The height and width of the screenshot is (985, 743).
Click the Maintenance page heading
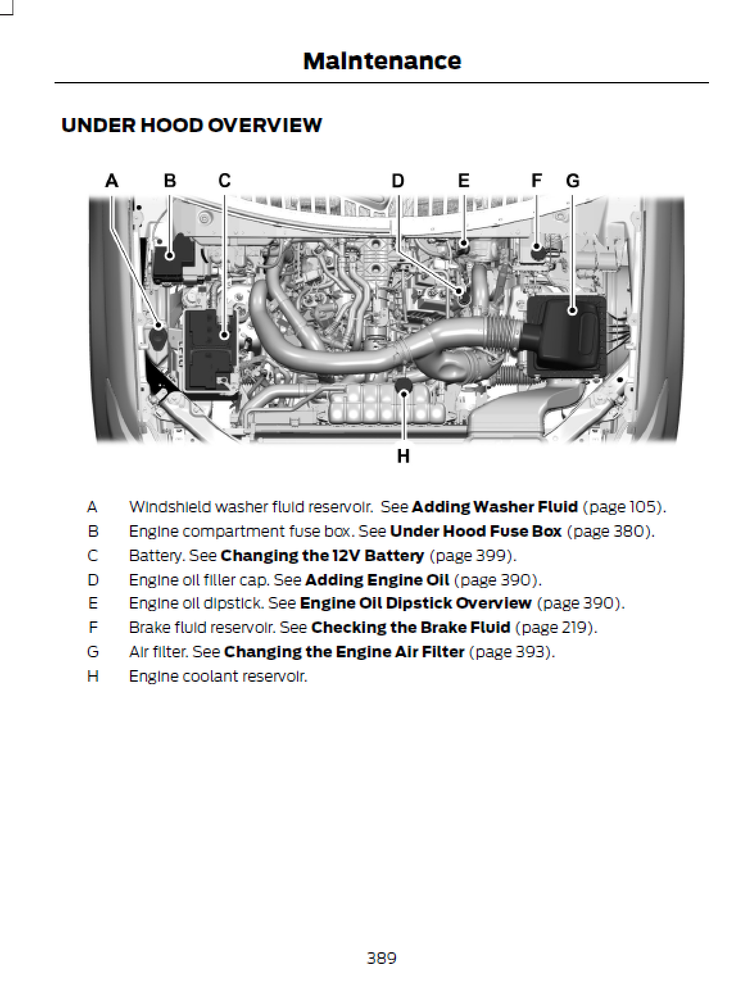coord(382,61)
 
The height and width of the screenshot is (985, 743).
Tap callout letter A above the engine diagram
coord(112,181)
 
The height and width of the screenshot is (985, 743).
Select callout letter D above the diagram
coord(398,181)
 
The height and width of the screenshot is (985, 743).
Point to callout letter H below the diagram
coord(403,456)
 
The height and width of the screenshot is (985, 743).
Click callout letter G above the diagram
coord(572,181)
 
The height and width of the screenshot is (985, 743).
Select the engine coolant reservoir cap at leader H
coord(404,385)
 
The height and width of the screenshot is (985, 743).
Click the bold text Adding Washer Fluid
coord(495,507)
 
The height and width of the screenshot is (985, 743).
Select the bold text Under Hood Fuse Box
coord(475,531)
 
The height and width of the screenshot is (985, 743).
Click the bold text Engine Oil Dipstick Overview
coord(415,603)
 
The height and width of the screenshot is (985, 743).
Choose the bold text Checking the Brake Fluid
coord(411,627)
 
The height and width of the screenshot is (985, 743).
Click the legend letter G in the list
coord(93,652)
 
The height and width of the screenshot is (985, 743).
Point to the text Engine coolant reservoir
coord(218,676)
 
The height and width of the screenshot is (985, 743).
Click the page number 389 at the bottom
coord(381,958)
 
